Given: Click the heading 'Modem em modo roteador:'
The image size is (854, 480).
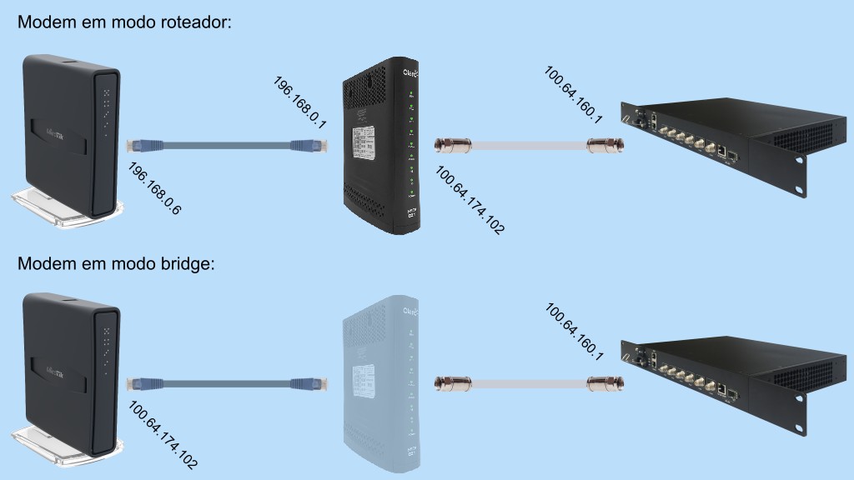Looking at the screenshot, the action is tap(124, 22).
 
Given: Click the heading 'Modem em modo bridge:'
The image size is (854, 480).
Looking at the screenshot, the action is tap(116, 263).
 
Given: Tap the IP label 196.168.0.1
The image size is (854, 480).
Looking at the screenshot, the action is tap(299, 102).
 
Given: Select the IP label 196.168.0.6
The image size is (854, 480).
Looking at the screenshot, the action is tap(154, 188).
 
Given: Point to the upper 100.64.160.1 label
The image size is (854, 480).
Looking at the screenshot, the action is tap(574, 95).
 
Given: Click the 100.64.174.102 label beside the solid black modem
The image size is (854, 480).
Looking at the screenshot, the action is tap(470, 200).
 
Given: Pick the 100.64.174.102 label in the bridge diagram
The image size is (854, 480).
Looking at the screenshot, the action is tap(163, 435).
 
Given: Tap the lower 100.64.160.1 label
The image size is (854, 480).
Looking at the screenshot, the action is tap(574, 332).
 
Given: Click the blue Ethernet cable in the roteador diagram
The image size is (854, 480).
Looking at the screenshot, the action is tap(227, 145).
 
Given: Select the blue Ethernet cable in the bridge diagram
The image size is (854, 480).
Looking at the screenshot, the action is tap(227, 383).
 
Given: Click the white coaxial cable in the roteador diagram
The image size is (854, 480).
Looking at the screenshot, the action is tap(529, 145).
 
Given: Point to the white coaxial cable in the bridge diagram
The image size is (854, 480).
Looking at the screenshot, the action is tap(529, 383).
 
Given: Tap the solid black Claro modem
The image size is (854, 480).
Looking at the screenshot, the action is tap(380, 146).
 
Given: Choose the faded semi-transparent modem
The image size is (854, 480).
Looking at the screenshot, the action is tap(380, 383).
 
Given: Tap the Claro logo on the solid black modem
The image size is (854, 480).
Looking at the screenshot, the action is tap(410, 72).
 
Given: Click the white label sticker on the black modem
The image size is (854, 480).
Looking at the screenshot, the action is tap(363, 143).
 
